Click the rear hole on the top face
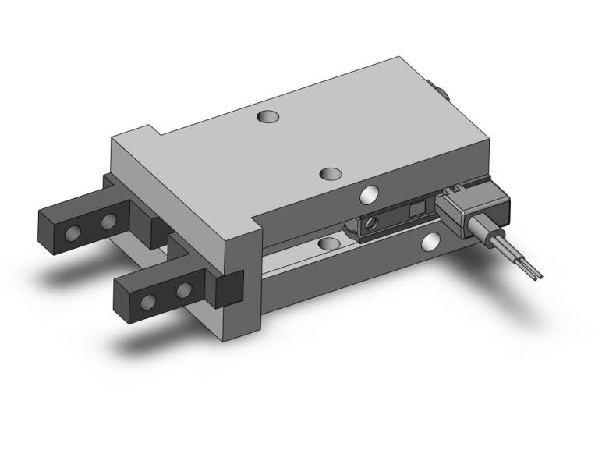[x=267, y=117]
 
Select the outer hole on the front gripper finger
[x=148, y=301]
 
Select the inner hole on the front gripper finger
[x=183, y=291]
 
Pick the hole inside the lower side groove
[x=328, y=244]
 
